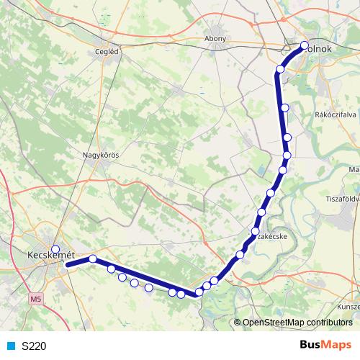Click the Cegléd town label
click(x=106, y=52)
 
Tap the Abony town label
click(x=216, y=39)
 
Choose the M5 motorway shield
click(x=37, y=297)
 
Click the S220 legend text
click(x=34, y=346)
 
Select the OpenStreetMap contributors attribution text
click(x=297, y=323)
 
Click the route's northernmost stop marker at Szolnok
click(x=304, y=46)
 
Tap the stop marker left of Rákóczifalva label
click(x=284, y=107)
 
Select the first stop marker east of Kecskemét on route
click(x=93, y=258)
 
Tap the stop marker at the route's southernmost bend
click(x=199, y=292)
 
